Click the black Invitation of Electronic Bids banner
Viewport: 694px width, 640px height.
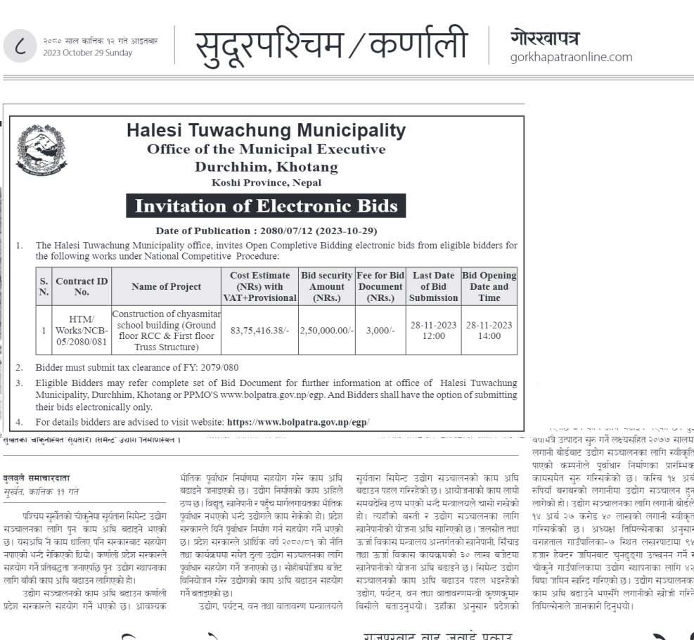pos(266,206)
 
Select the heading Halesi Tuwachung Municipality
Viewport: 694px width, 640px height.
pos(266,130)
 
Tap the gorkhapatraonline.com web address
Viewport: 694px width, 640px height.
pos(571,57)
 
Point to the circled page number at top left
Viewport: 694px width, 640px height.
pos(20,46)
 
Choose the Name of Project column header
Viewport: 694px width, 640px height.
pos(166,286)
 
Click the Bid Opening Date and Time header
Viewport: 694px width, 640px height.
pos(489,286)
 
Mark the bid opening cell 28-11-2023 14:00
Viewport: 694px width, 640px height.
pos(489,330)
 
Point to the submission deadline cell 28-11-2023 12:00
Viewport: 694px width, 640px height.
pos(434,330)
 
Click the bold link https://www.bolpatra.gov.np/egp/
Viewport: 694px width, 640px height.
pos(297,422)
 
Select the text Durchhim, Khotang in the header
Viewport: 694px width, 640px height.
pos(266,167)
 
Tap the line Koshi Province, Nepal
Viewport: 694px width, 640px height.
pos(266,182)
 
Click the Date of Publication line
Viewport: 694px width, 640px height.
pos(266,231)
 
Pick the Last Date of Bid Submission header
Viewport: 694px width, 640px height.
pos(434,286)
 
